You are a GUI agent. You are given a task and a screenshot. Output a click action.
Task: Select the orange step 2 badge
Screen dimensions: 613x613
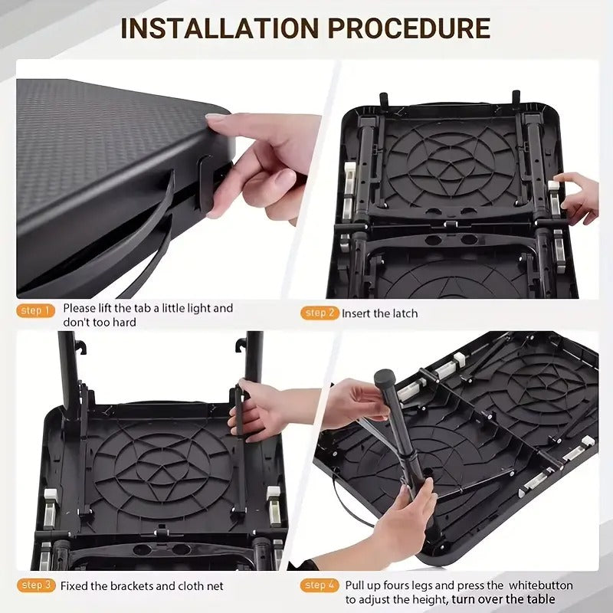(x=320, y=313)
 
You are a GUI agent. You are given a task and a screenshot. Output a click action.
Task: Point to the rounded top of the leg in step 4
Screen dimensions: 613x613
(x=383, y=378)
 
